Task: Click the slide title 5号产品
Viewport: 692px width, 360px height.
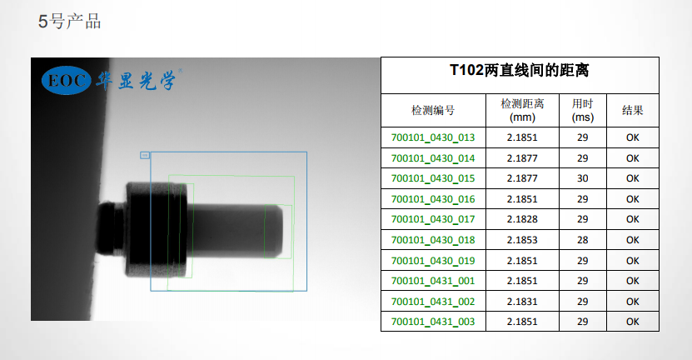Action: pos(70,21)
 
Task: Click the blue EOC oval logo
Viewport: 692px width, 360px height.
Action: pos(66,80)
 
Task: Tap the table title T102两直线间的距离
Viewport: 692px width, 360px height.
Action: pos(520,70)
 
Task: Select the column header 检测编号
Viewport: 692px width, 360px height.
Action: pos(433,111)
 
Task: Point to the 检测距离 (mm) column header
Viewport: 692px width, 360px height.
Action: pos(522,111)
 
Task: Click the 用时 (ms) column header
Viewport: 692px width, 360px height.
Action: pos(583,111)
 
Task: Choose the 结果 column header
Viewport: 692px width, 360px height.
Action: pos(632,111)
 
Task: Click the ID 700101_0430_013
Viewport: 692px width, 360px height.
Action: pos(433,137)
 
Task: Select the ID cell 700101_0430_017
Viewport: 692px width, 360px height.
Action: pos(433,219)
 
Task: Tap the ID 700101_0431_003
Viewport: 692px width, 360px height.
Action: pos(433,322)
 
